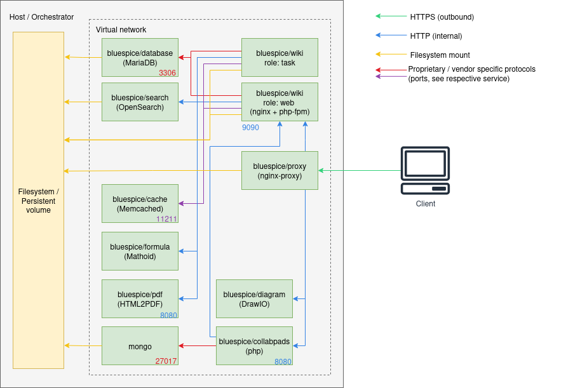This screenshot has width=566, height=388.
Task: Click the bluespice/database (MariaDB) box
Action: (140, 57)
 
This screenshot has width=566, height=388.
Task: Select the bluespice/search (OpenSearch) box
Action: (140, 102)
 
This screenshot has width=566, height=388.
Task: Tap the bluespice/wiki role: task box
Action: (280, 57)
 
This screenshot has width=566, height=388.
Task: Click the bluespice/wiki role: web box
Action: (280, 102)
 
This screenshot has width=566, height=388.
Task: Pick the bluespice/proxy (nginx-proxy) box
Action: (280, 170)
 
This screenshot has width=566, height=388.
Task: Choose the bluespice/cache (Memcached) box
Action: (140, 203)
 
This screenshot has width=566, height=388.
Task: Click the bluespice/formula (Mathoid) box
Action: (140, 251)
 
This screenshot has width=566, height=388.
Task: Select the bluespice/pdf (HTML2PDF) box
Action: (140, 298)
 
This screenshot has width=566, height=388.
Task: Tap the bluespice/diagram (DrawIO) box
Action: (254, 298)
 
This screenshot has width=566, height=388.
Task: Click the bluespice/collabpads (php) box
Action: (254, 345)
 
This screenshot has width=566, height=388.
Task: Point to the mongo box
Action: (140, 345)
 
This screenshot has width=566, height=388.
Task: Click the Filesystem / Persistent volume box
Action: (38, 200)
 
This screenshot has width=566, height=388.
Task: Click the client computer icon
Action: (425, 170)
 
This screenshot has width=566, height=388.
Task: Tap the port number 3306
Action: (167, 73)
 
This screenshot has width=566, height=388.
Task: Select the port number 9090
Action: (250, 128)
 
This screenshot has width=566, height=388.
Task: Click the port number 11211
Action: (166, 219)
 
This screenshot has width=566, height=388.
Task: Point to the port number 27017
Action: (166, 361)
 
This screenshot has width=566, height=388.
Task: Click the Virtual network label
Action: (121, 30)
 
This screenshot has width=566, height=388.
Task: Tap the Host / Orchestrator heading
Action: (41, 17)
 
